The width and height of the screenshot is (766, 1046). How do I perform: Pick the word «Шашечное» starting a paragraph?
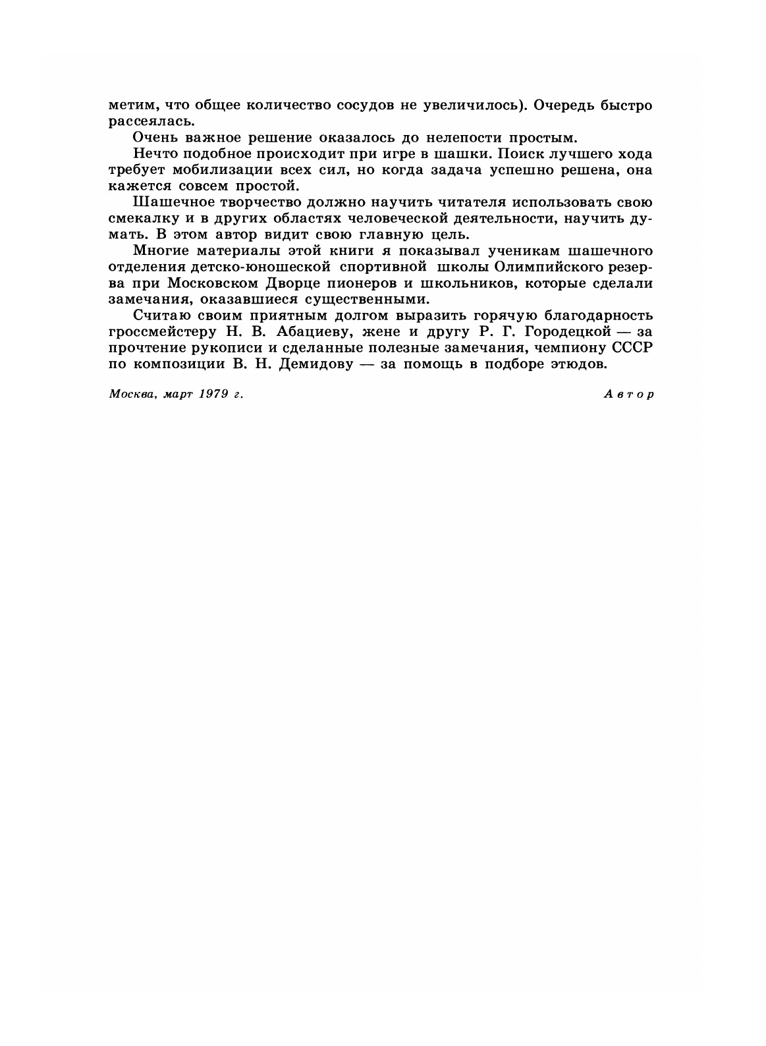click(165, 202)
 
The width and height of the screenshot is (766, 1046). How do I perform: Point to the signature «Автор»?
click(628, 394)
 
